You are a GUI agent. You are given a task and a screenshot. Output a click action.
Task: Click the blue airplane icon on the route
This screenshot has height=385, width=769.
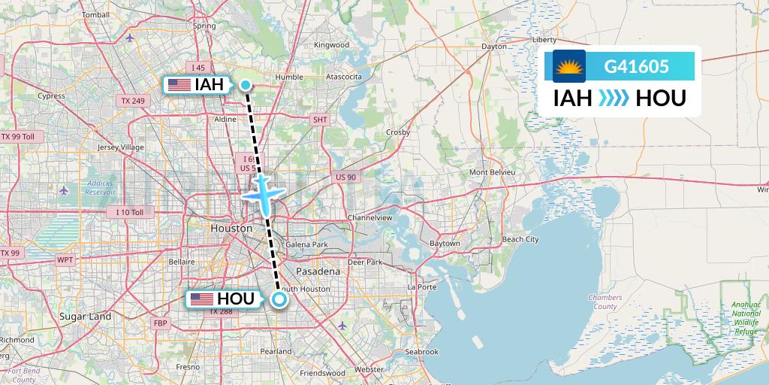[x=262, y=192]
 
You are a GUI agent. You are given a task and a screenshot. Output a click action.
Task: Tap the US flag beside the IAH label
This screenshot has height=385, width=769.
[x=179, y=85]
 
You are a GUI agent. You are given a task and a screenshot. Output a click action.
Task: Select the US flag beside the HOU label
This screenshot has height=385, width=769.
[x=201, y=299]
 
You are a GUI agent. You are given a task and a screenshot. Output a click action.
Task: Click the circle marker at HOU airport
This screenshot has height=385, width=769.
[x=279, y=300]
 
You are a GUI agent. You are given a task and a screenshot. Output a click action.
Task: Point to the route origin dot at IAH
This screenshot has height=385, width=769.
[x=246, y=85]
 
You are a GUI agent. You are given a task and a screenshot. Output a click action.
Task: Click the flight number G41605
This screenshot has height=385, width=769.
[x=636, y=66]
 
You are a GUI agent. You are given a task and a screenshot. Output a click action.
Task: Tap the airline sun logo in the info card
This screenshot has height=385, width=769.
[x=568, y=66]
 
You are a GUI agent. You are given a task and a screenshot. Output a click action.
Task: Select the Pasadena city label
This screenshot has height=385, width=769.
[x=318, y=271]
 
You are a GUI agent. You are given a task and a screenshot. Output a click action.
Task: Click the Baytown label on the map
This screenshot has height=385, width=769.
[x=444, y=244]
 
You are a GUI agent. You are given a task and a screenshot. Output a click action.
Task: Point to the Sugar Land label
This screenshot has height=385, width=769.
[x=86, y=317]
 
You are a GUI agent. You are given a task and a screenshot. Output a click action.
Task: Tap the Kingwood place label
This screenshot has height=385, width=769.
[x=331, y=45]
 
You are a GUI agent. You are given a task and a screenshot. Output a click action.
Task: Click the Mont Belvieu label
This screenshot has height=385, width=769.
[x=493, y=172]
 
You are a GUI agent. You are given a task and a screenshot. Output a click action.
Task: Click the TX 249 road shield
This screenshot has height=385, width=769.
[x=132, y=100]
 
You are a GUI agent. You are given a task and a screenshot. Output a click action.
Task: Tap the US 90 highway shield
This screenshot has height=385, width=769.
[x=346, y=176]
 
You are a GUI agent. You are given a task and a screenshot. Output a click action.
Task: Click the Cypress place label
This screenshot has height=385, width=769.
[x=51, y=95]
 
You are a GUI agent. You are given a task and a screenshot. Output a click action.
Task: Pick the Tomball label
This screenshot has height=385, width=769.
[x=95, y=14]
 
